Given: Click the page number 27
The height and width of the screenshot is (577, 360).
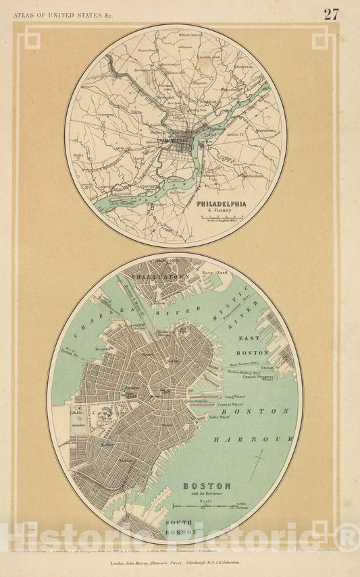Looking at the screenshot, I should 330,14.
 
